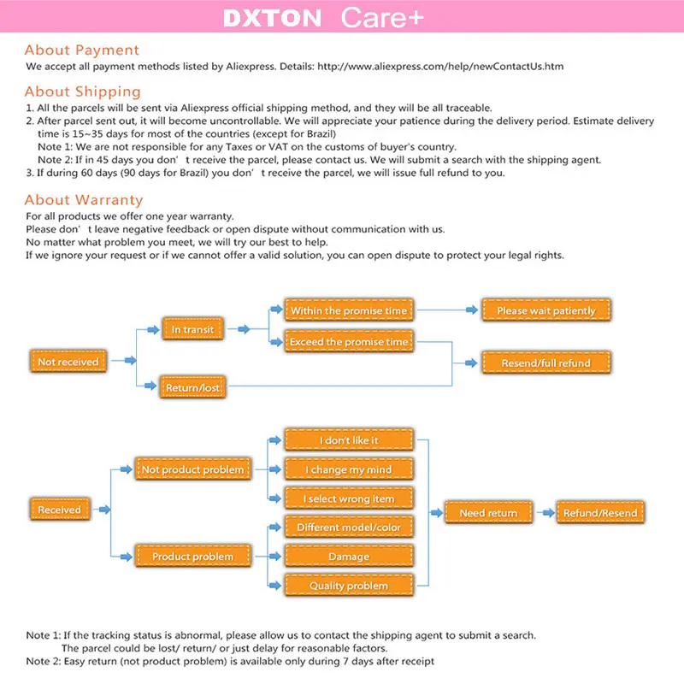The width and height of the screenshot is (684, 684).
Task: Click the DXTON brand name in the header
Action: click(x=272, y=19)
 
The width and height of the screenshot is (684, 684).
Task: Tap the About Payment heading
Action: click(x=81, y=50)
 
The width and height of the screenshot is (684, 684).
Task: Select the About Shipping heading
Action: click(x=82, y=91)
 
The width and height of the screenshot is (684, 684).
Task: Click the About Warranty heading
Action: click(x=83, y=201)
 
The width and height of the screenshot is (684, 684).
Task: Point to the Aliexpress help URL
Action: click(x=440, y=66)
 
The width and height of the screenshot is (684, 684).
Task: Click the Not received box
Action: click(x=68, y=362)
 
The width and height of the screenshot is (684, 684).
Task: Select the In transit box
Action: click(x=192, y=329)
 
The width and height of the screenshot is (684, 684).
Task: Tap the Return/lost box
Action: click(x=192, y=387)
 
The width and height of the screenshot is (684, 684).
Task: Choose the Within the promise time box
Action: click(x=349, y=311)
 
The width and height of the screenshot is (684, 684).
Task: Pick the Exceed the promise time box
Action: click(x=349, y=342)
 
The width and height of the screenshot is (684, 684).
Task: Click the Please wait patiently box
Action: click(x=545, y=311)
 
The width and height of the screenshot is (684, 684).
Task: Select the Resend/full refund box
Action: click(x=545, y=363)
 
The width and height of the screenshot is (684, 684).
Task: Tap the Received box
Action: click(x=59, y=510)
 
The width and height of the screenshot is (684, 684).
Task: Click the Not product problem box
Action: click(x=192, y=469)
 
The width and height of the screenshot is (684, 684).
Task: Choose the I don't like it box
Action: click(x=349, y=440)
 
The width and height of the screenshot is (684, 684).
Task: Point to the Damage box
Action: click(x=349, y=557)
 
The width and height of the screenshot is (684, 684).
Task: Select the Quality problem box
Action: click(x=349, y=586)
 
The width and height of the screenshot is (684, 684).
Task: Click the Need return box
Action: click(x=488, y=513)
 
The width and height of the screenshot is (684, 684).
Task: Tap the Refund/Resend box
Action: click(x=599, y=513)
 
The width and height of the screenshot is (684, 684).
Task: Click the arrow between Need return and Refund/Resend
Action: click(x=544, y=513)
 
